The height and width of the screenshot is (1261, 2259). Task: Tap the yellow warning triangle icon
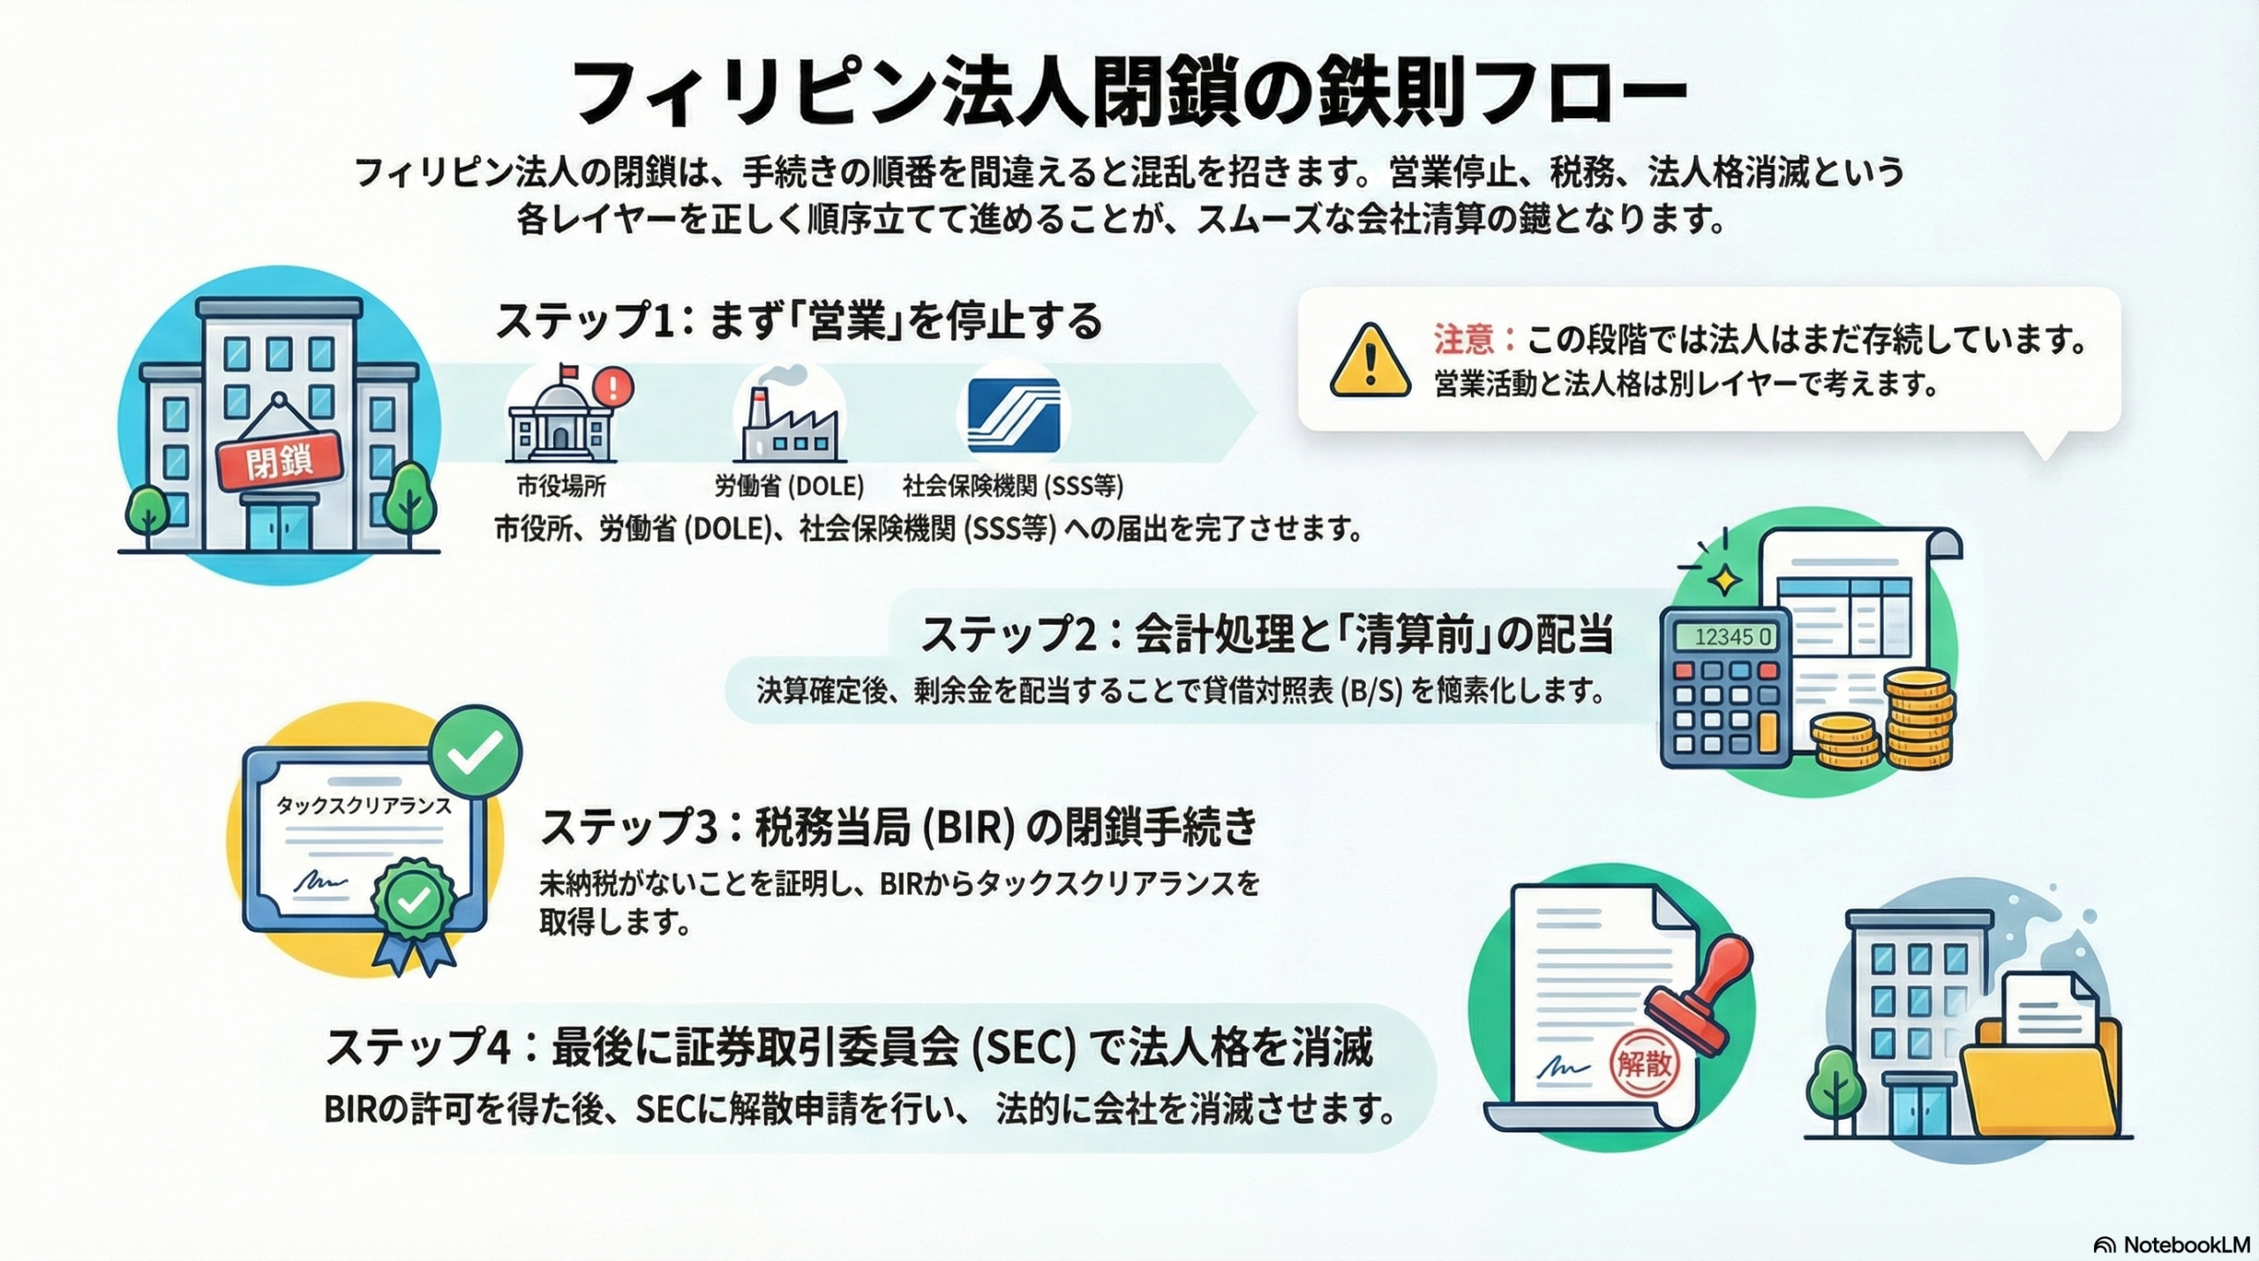[x=1370, y=362]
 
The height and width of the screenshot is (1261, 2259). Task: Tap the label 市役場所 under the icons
[x=561, y=486]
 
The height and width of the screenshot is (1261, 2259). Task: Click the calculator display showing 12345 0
[x=1720, y=637]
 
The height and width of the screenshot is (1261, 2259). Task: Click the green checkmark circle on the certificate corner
[x=476, y=752]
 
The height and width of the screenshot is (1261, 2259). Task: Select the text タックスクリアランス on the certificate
[x=364, y=805]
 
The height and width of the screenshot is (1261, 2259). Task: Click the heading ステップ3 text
[x=627, y=828]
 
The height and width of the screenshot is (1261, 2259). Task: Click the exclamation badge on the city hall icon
[x=615, y=385]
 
